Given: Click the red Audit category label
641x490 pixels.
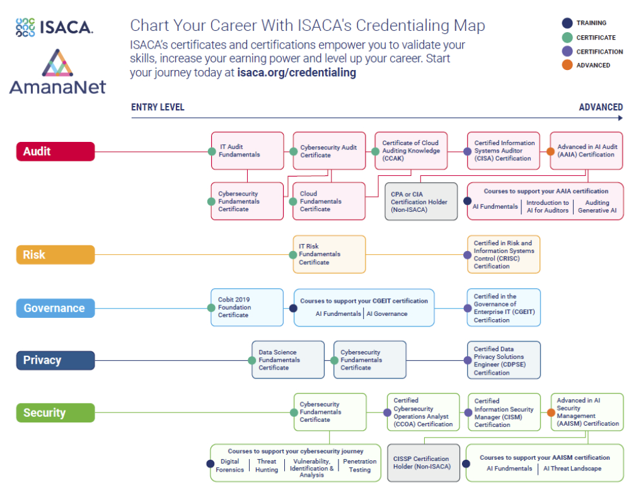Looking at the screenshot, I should (55, 151).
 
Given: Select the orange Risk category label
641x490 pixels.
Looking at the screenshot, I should (55, 255).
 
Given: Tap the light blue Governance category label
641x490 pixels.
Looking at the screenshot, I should (55, 308).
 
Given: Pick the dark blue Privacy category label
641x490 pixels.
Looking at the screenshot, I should (55, 360).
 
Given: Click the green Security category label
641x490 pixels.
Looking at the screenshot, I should (55, 413).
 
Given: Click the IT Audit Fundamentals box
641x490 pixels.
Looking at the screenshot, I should (247, 151).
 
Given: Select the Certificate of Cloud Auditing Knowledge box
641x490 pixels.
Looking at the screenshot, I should (411, 151).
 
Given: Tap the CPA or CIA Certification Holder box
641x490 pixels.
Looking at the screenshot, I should (421, 202).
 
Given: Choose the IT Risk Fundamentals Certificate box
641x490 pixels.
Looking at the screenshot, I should (329, 255).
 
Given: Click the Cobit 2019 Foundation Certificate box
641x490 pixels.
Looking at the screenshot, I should (246, 308).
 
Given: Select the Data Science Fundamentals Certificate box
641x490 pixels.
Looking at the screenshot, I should (288, 360).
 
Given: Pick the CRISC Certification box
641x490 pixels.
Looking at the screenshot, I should (504, 255).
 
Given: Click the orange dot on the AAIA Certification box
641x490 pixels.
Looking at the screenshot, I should (550, 151).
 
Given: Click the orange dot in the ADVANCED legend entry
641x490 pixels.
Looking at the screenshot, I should (567, 65).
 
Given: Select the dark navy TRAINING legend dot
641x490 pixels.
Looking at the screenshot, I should (567, 23).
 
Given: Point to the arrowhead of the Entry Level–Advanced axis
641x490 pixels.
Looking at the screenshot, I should (620, 117).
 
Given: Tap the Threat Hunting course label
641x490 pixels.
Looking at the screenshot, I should (267, 465).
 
